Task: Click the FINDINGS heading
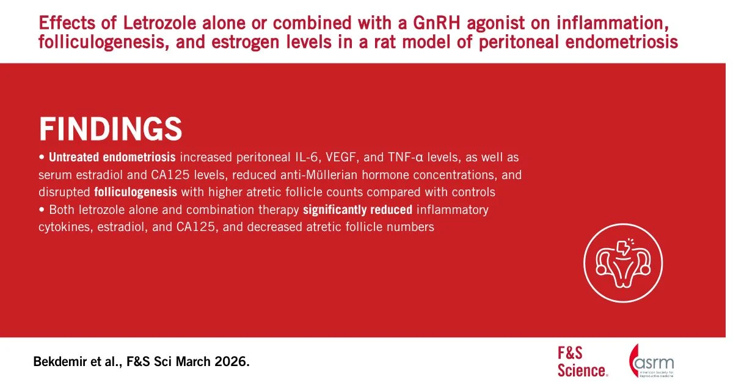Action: (111, 129)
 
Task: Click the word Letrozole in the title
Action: (159, 23)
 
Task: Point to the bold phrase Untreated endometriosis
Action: (112, 157)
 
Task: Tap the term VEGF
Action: (340, 158)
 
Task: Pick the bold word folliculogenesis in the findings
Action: (136, 192)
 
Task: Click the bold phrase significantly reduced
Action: (358, 210)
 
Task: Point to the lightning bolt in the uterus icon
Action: (622, 248)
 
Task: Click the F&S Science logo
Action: (583, 362)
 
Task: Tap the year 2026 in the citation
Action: (232, 362)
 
